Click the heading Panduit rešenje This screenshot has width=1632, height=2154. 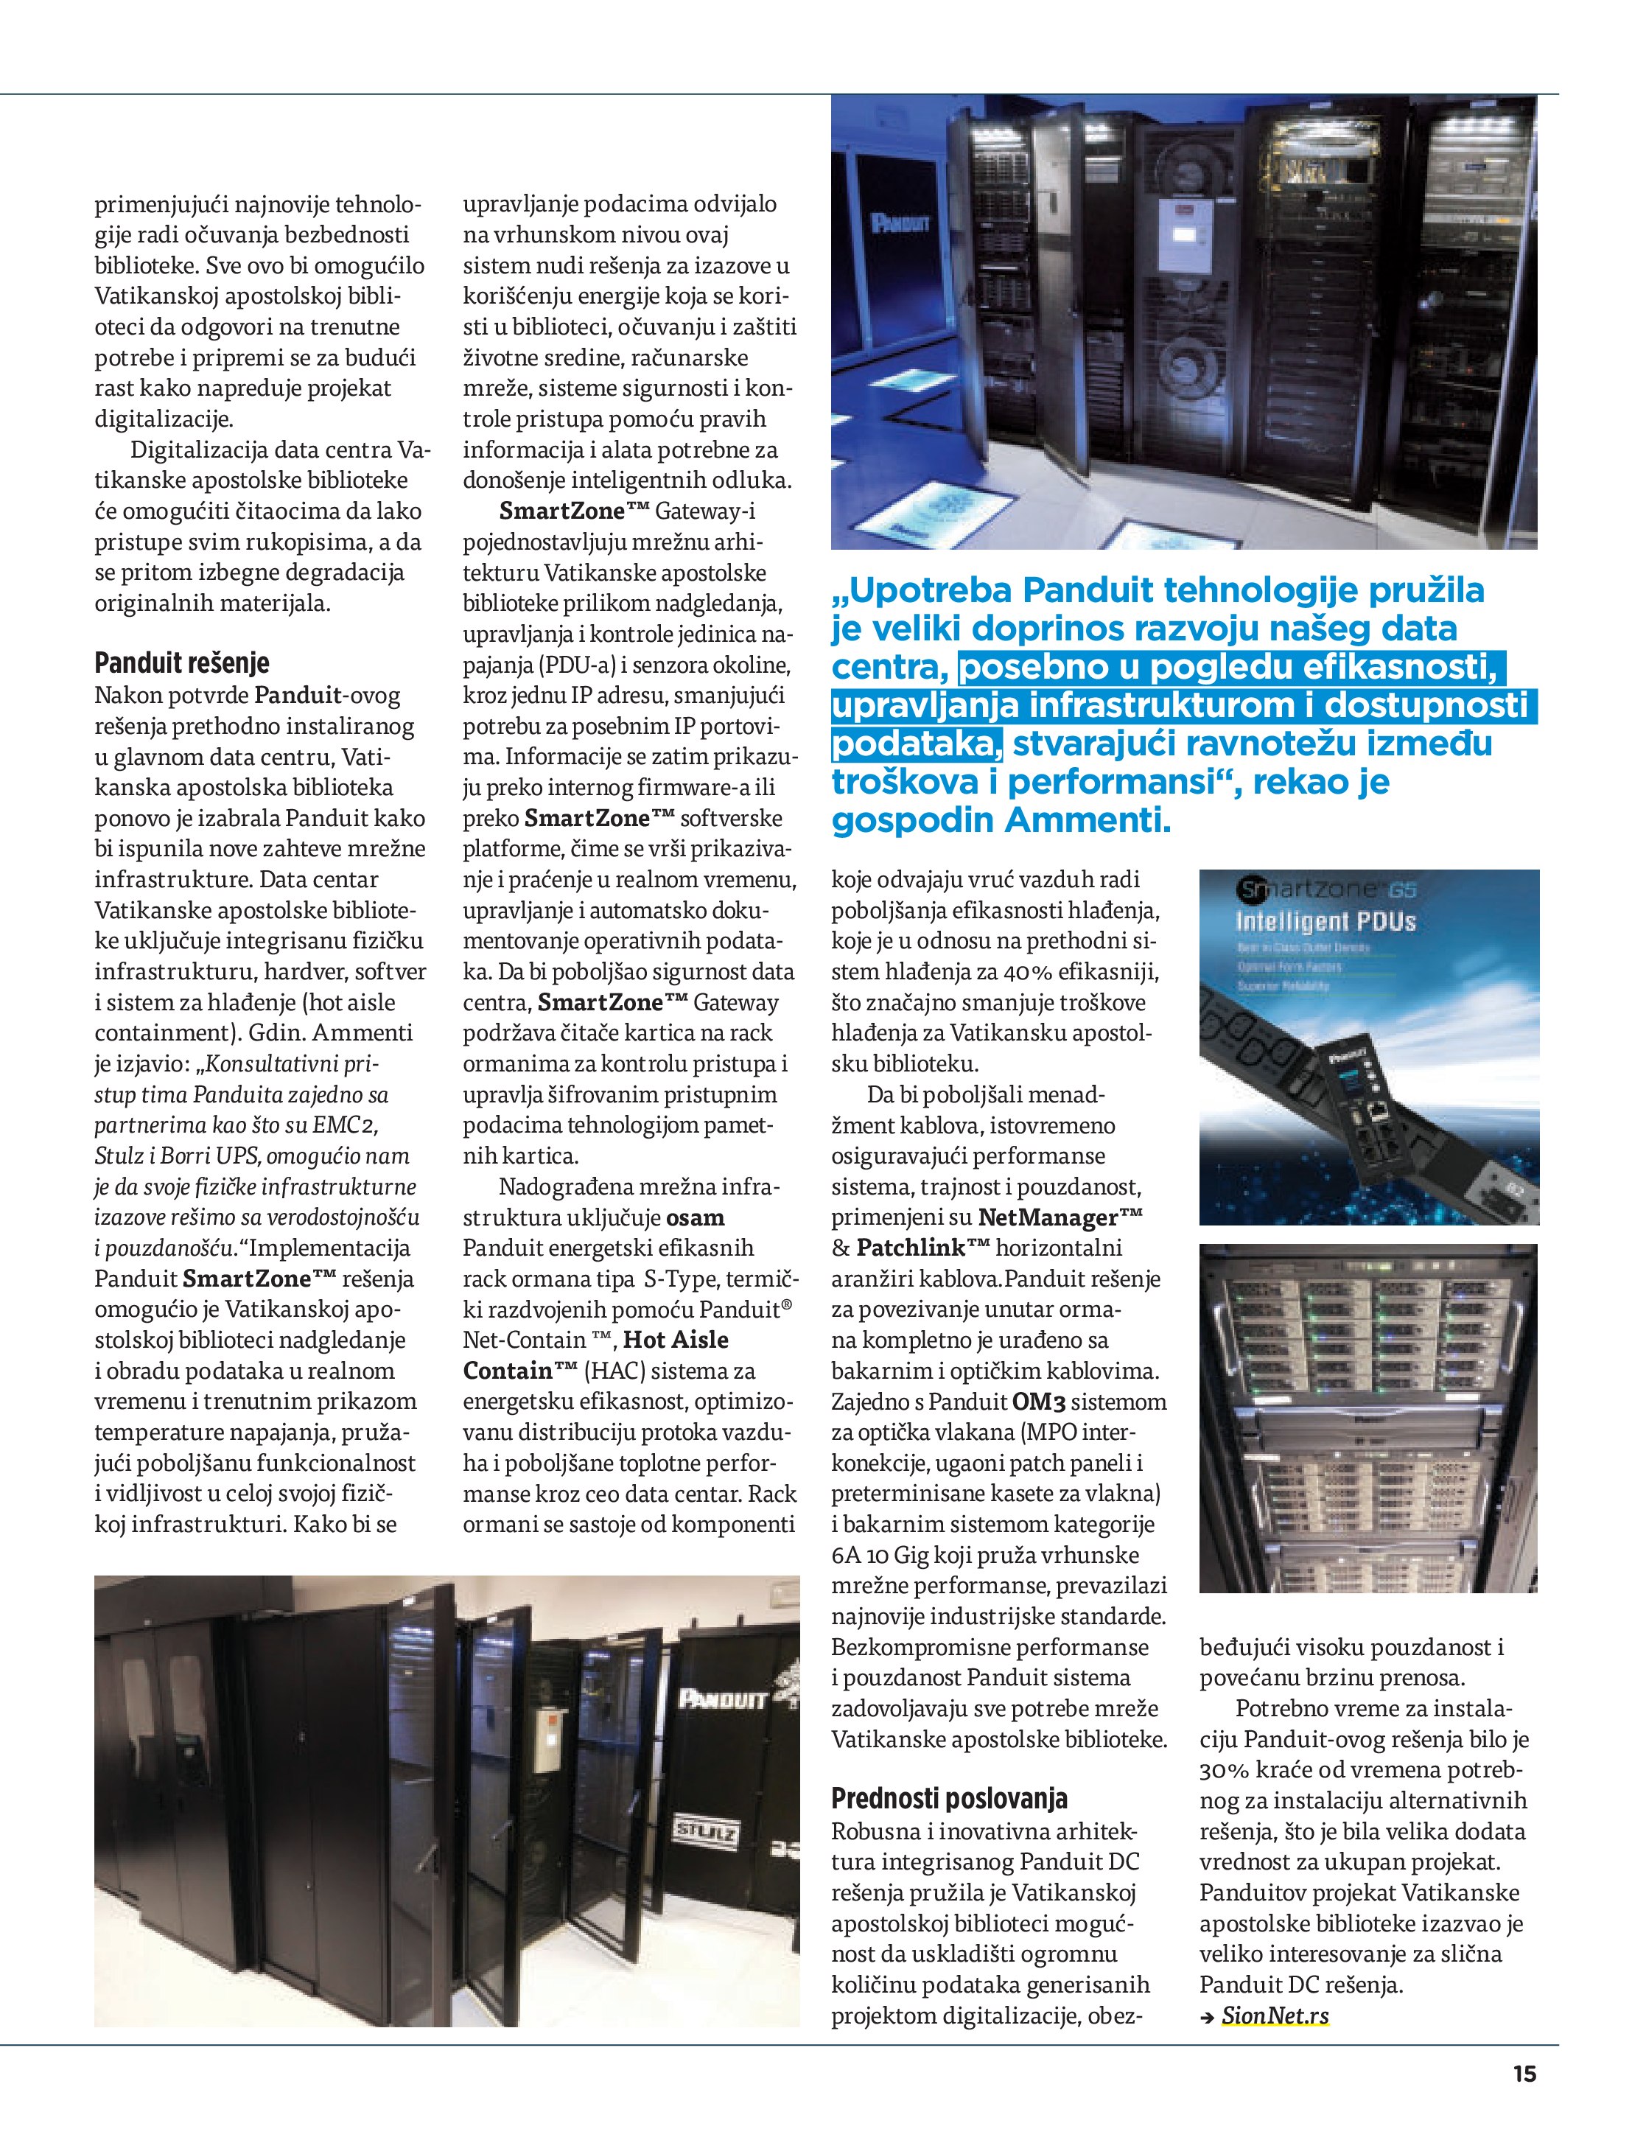[x=182, y=664]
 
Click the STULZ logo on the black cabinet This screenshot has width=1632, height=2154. [x=708, y=1833]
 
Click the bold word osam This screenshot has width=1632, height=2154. [x=696, y=1217]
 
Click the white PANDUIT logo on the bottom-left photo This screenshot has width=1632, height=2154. [x=721, y=1699]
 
